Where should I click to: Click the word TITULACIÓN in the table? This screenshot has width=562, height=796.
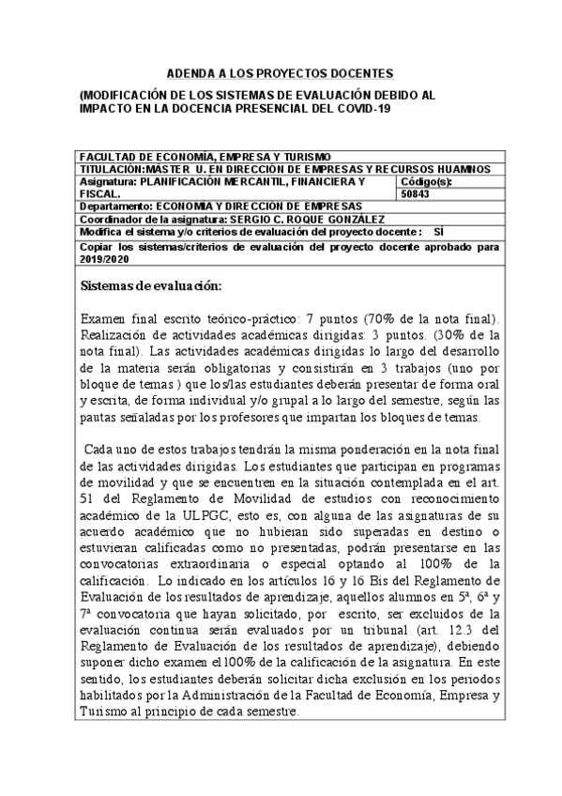(x=112, y=168)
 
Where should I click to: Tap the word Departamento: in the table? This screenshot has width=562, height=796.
(x=115, y=206)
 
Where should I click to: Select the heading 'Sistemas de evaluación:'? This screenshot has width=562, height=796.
(x=151, y=284)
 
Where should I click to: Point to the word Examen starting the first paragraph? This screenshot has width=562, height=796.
(x=106, y=319)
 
